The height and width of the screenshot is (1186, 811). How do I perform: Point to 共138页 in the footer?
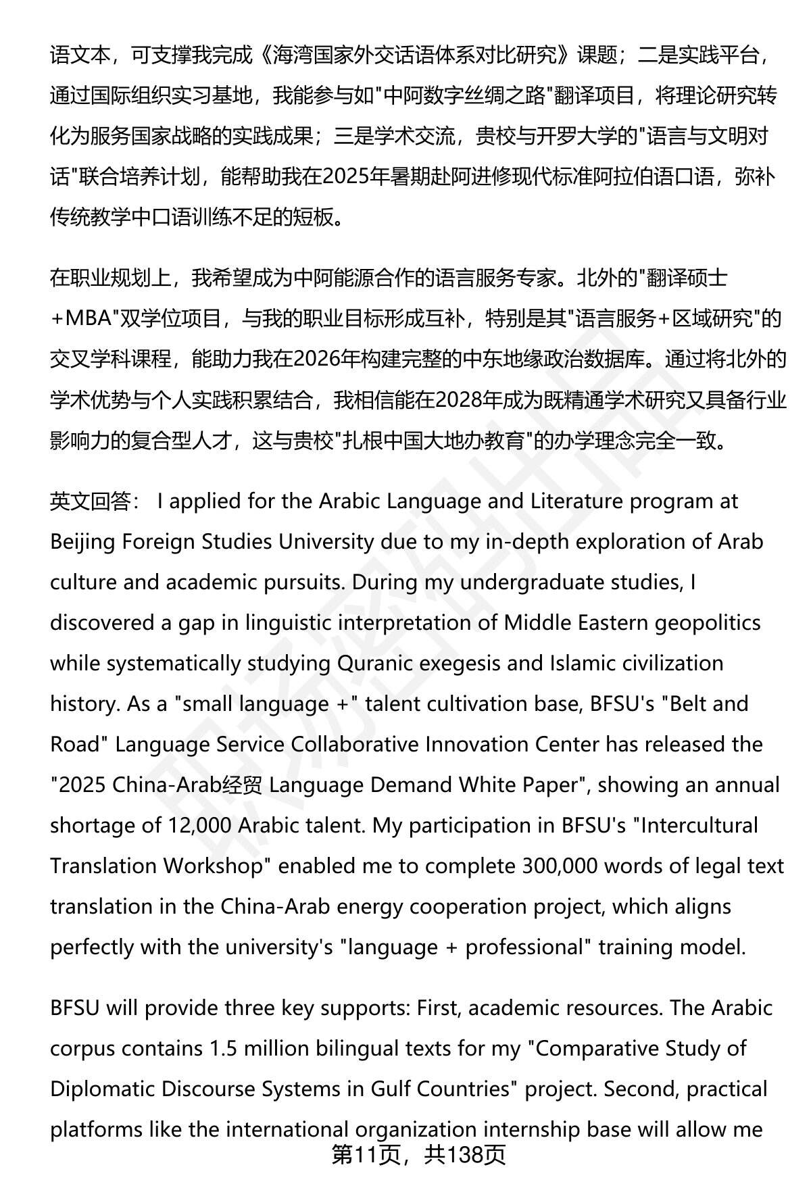465,1156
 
